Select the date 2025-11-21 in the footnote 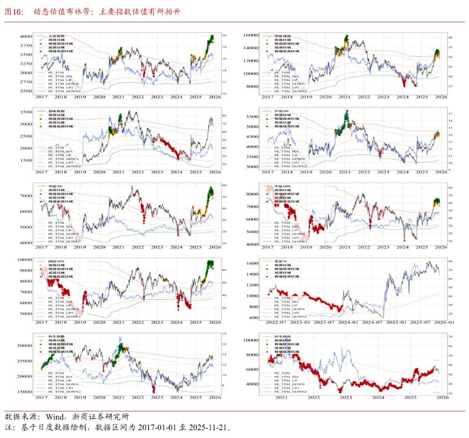click(x=208, y=427)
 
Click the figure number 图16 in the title click(x=13, y=11)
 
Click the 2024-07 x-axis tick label click(x=379, y=323)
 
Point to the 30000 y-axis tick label click(x=24, y=346)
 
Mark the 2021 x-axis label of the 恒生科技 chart click(x=282, y=398)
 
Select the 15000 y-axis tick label click(x=24, y=392)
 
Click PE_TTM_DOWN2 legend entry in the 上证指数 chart click(x=63, y=91)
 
